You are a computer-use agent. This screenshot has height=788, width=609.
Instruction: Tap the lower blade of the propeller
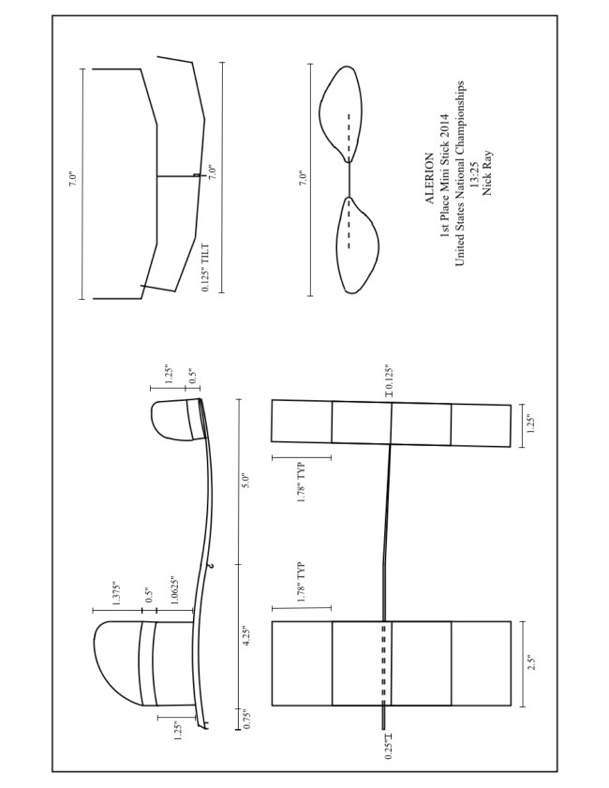click(x=355, y=246)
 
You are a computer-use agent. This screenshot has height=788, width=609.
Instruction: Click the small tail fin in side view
click(x=174, y=419)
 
